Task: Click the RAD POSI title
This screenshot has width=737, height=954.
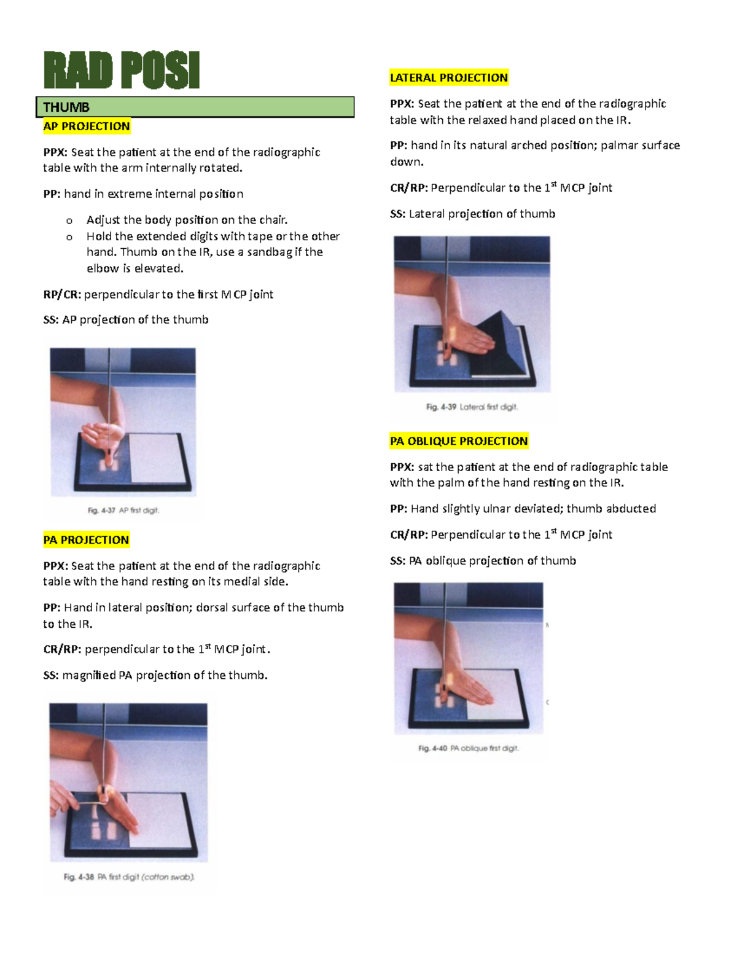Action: point(121,71)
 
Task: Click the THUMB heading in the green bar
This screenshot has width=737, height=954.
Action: point(66,108)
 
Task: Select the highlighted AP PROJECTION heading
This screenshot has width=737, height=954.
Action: point(87,127)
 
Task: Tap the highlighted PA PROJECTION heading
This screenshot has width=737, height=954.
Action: point(86,540)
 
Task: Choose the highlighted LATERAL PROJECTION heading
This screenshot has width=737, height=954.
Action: point(449,78)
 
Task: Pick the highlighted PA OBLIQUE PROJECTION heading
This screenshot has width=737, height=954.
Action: point(459,441)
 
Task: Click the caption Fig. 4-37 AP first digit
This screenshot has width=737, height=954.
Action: point(123,510)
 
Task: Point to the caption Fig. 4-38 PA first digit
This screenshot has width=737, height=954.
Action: point(129,877)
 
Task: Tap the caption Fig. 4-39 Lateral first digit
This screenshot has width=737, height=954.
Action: point(472,407)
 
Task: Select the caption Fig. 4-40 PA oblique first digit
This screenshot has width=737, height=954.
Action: point(468,748)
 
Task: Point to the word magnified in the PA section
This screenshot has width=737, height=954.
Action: point(89,676)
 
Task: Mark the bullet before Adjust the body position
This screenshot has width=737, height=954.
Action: point(69,221)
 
